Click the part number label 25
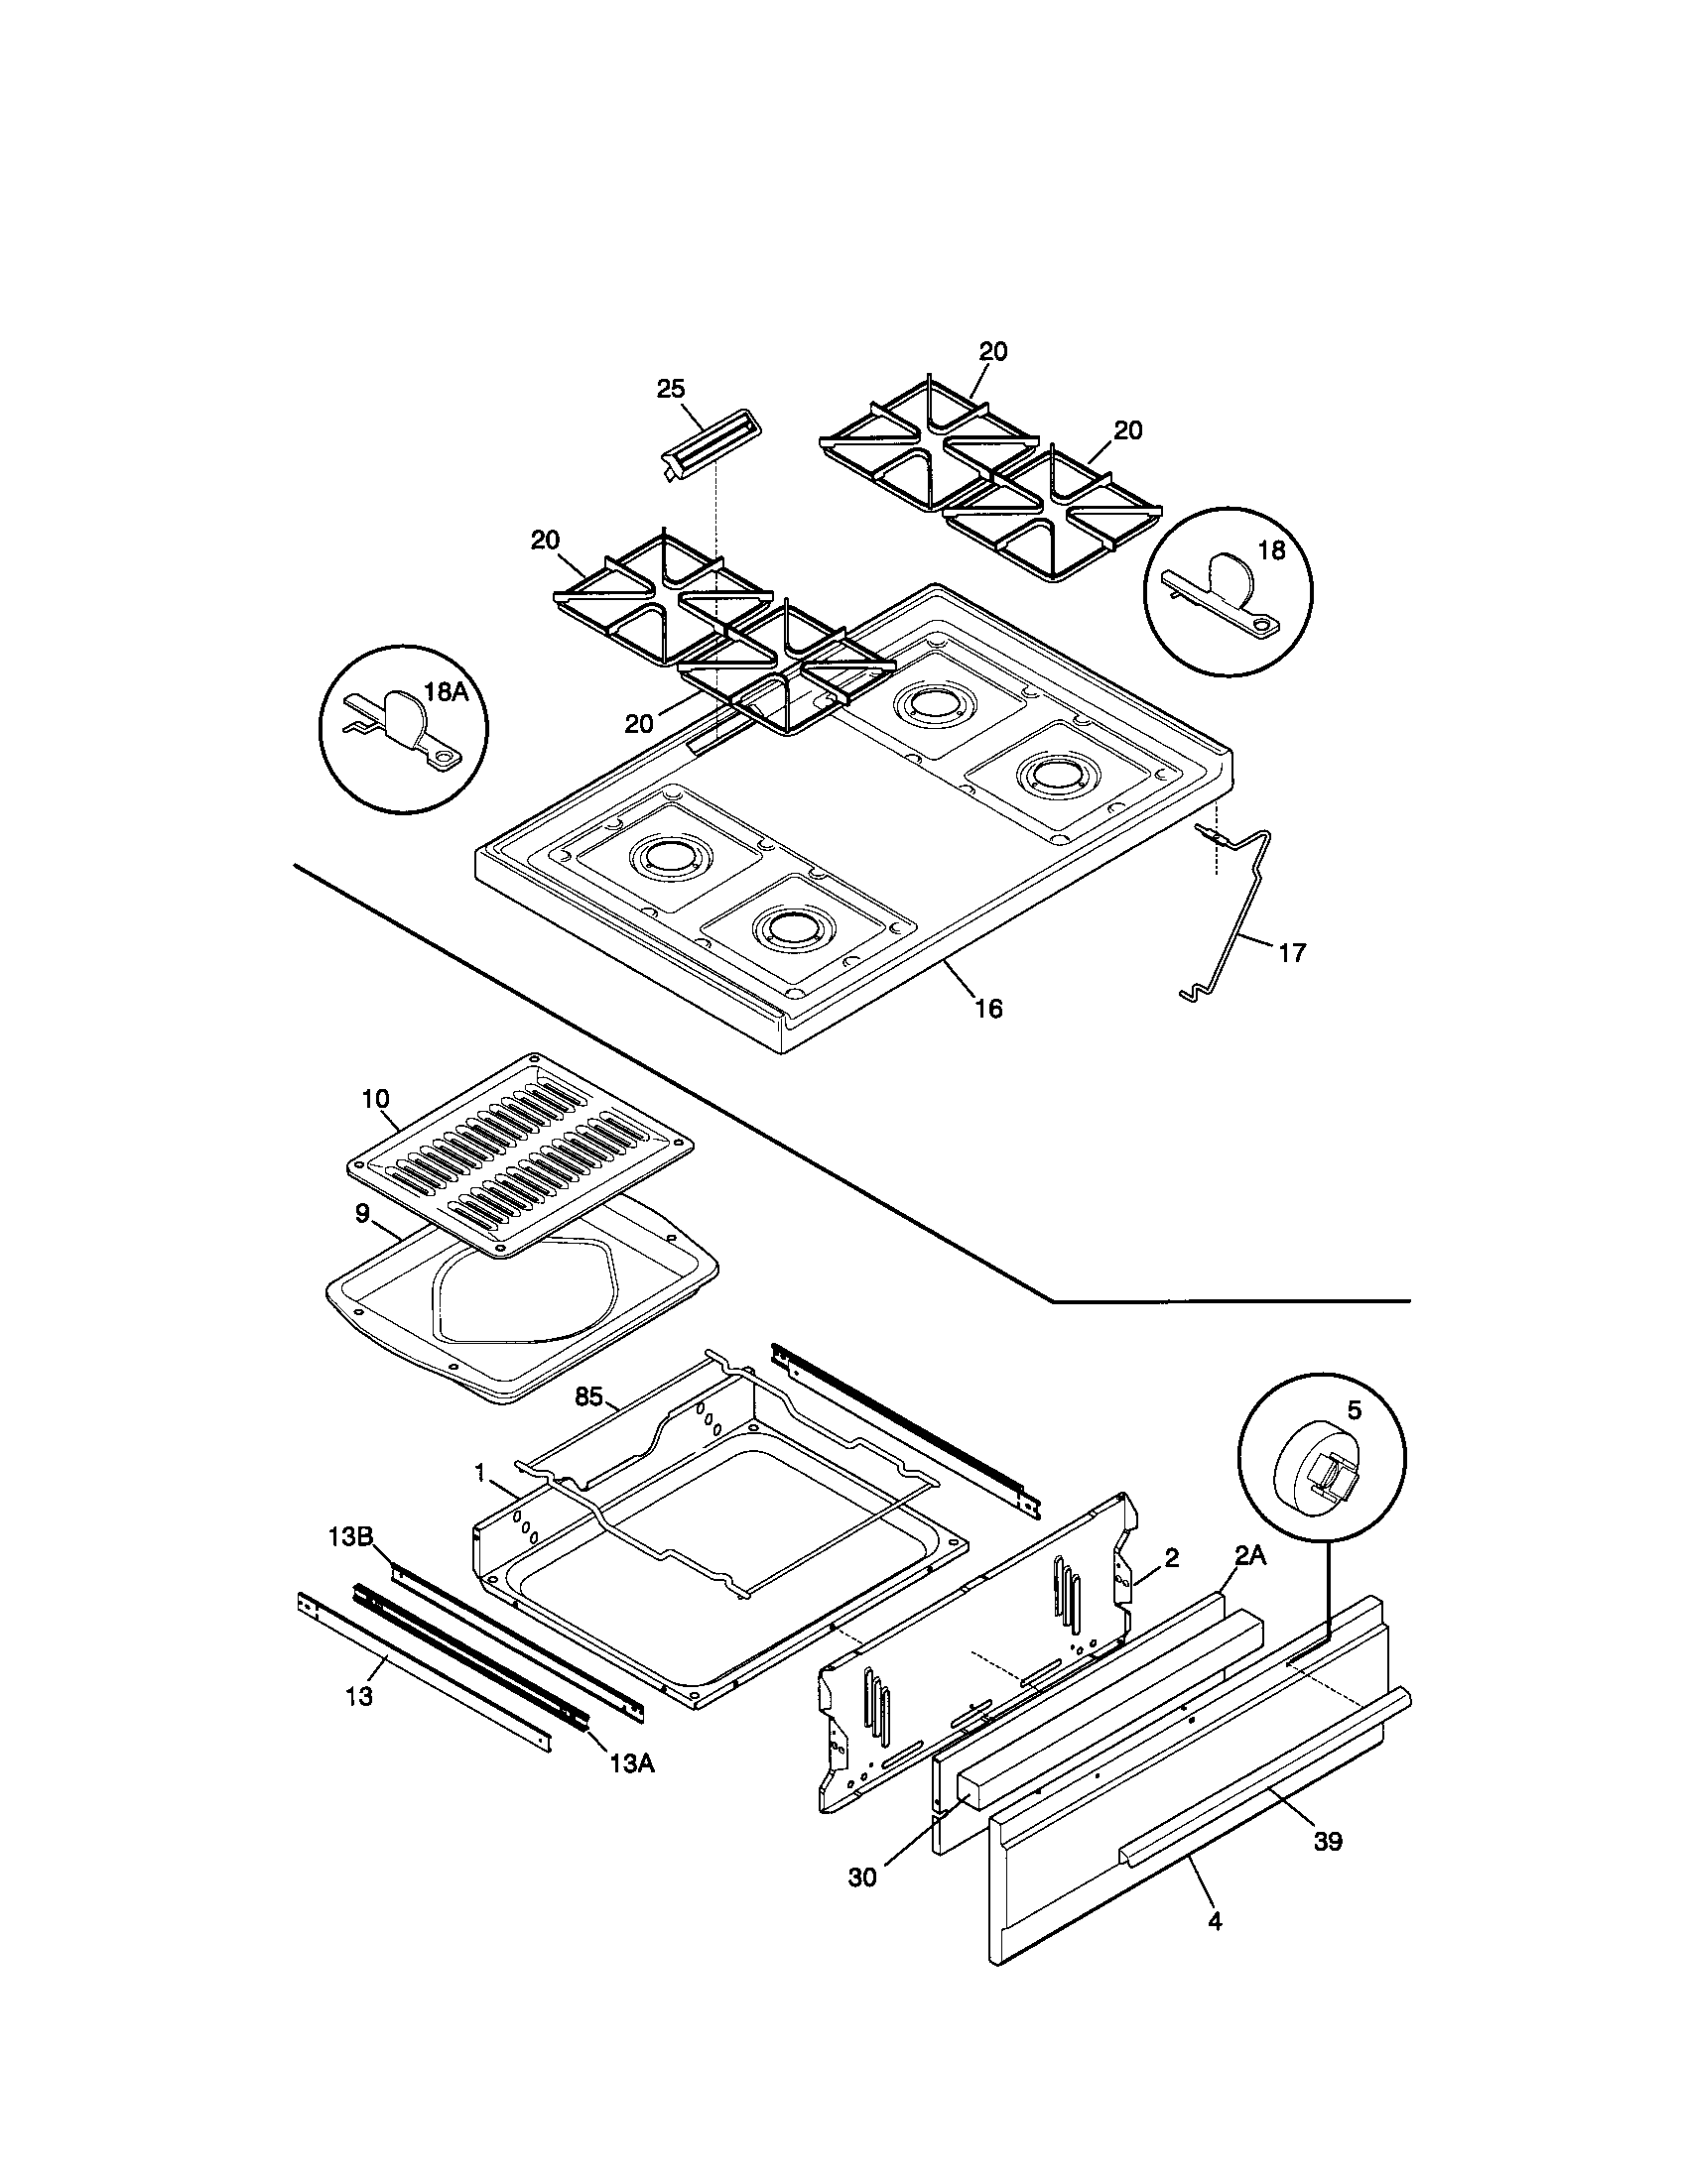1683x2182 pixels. pyautogui.click(x=671, y=389)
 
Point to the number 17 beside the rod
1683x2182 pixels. pyautogui.click(x=1291, y=953)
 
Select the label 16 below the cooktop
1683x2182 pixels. pyautogui.click(x=987, y=1009)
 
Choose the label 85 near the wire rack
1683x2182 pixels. pyautogui.click(x=588, y=1395)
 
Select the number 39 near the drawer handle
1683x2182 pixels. pyautogui.click(x=1327, y=1840)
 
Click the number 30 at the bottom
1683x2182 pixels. pyautogui.click(x=861, y=1877)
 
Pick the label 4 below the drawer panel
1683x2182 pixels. pyautogui.click(x=1215, y=1920)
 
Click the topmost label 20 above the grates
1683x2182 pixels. pyautogui.click(x=992, y=351)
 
